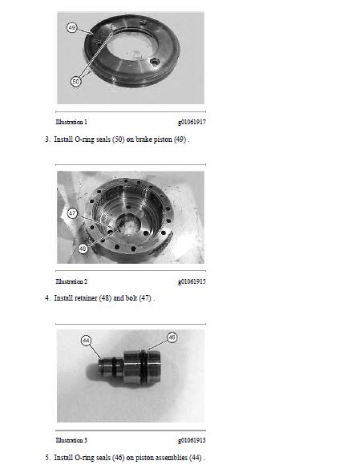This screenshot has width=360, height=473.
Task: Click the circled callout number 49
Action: point(72,28)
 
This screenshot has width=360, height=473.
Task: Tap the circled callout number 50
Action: point(75,82)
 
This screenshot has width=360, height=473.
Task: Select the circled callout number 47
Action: point(72,213)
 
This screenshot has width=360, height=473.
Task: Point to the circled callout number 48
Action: point(83,249)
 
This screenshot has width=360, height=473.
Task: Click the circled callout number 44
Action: point(86,341)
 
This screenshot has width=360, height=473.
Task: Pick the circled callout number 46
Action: point(172,338)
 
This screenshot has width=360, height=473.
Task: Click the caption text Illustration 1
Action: point(71,122)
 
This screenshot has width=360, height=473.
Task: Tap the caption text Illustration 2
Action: point(71,281)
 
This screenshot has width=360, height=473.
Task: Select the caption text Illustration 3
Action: point(71,440)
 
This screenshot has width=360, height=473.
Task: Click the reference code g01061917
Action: point(192,122)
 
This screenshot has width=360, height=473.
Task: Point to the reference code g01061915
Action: point(192,281)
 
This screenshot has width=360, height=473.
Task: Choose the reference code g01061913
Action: point(192,440)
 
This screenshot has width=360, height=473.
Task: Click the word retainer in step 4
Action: point(86,298)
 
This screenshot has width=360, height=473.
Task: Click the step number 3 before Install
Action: point(47,139)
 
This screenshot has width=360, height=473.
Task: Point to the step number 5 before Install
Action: point(47,458)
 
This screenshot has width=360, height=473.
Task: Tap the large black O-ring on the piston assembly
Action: point(144,367)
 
